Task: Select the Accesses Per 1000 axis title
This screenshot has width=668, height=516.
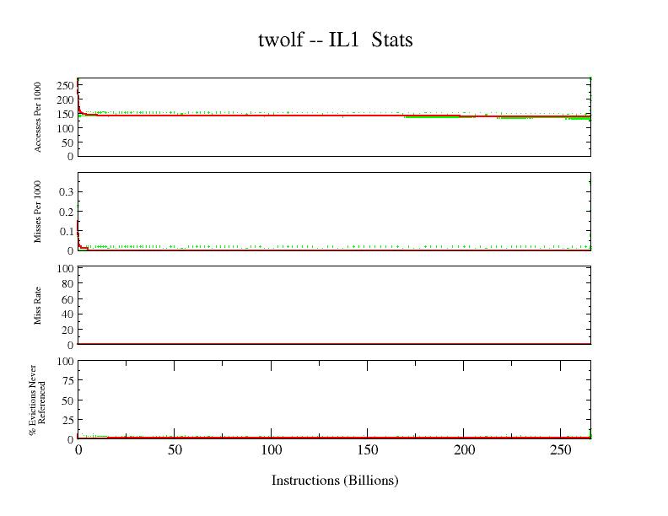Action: [38, 116]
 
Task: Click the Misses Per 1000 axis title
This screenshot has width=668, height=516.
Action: [38, 211]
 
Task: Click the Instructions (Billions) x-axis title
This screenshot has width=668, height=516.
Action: [335, 481]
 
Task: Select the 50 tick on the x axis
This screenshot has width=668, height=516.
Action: [175, 450]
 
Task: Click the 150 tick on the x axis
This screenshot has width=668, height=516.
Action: [368, 450]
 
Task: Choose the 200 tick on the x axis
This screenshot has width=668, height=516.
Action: [465, 450]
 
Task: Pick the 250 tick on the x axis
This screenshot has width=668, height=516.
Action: [561, 450]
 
